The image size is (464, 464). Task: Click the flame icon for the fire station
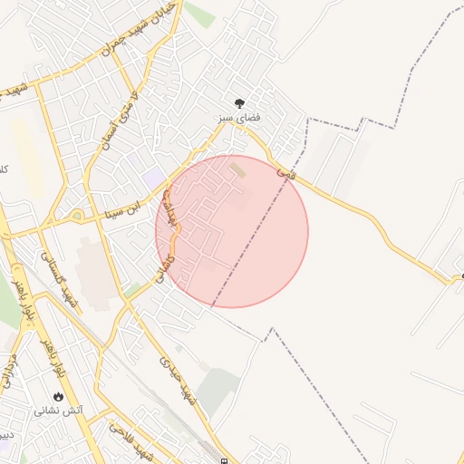(x=59, y=397)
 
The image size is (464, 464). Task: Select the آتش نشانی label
(x=59, y=411)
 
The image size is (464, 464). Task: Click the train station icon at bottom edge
(x=224, y=459)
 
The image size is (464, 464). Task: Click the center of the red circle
(x=232, y=231)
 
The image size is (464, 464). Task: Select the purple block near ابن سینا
(x=153, y=175)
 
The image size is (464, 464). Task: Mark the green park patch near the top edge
(x=200, y=14)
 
